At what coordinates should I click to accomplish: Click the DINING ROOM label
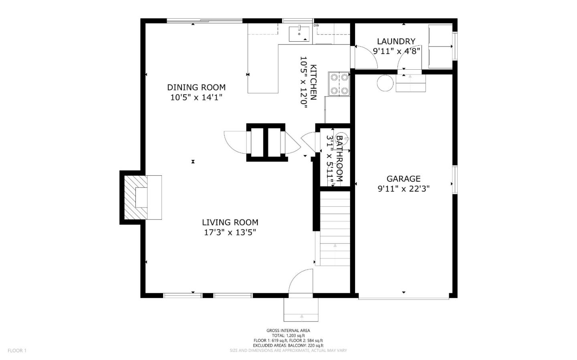(196, 87)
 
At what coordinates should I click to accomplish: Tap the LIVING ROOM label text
(230, 222)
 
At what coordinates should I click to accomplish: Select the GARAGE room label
(403, 179)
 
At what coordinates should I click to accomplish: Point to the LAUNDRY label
(396, 41)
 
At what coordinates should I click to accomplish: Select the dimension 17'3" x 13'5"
(230, 232)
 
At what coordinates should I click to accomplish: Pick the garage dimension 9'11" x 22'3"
(403, 189)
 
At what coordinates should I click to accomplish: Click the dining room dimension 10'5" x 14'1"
(196, 97)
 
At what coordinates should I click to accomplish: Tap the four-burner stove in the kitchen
(339, 84)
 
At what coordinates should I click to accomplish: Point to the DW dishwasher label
(316, 26)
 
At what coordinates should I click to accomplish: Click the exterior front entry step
(301, 310)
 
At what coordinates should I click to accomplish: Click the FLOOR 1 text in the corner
(17, 350)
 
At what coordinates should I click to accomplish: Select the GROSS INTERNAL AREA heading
(288, 330)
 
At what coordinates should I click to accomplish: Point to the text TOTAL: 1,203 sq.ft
(288, 336)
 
